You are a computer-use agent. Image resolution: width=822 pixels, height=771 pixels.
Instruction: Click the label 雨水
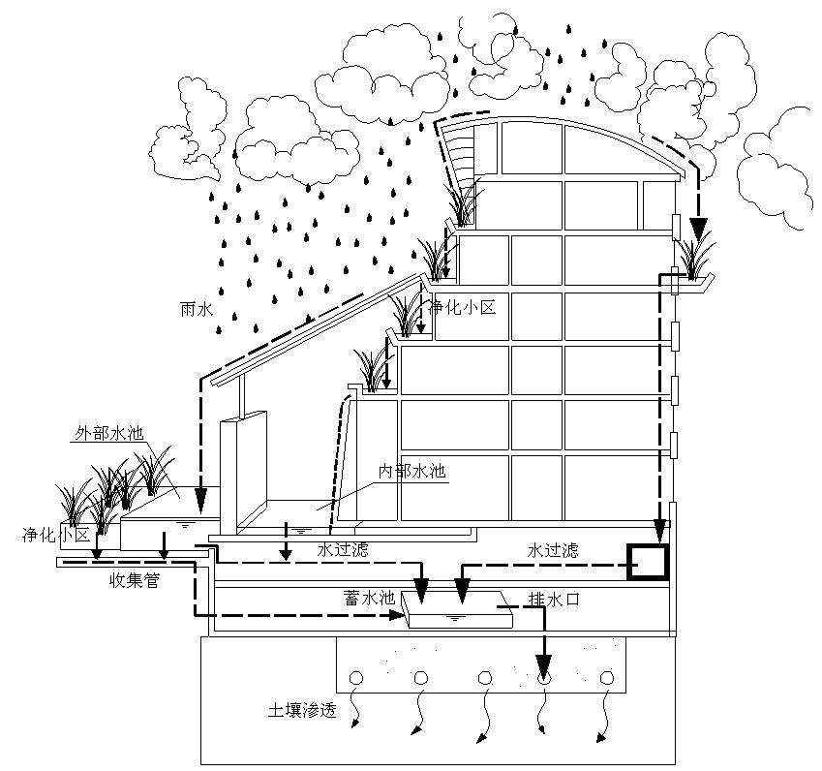[197, 309]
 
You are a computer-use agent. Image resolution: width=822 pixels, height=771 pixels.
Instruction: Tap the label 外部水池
[107, 433]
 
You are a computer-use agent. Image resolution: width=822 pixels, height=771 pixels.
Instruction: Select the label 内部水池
[411, 472]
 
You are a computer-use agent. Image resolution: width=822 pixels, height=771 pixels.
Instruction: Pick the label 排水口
[554, 600]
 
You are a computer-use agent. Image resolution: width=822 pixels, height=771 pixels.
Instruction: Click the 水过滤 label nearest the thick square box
[553, 549]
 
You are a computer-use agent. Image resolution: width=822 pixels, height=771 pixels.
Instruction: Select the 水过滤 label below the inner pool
[343, 549]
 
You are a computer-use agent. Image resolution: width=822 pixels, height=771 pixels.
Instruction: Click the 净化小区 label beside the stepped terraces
[463, 308]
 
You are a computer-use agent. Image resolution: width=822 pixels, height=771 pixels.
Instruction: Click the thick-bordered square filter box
[647, 560]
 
